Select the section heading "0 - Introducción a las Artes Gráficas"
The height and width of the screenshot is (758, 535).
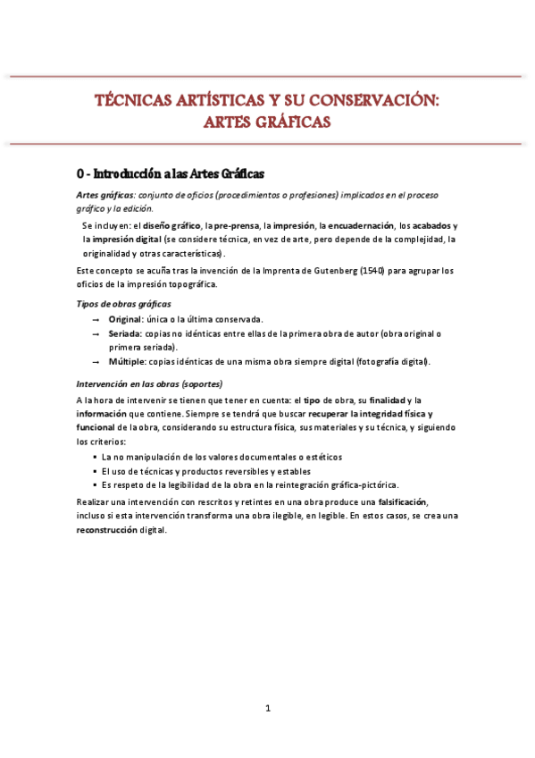[x=170, y=173]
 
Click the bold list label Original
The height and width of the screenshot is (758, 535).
[x=124, y=319]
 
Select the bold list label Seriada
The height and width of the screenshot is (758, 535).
[x=124, y=333]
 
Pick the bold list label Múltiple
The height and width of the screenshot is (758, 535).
[x=127, y=362]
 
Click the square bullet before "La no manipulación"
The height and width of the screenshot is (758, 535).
[x=94, y=457]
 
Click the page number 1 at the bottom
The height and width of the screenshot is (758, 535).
[x=267, y=709]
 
